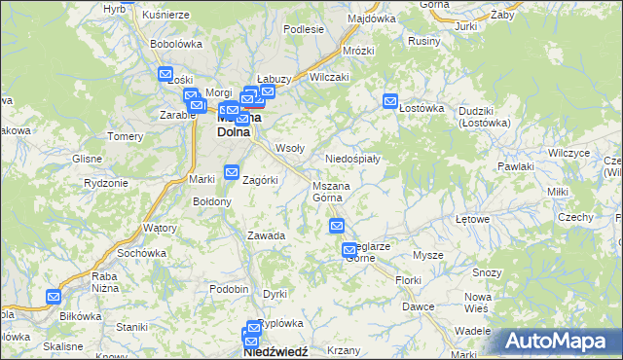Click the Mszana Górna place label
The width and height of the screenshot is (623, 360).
pos(331,192)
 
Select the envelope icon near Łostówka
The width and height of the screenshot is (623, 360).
pos(391,100)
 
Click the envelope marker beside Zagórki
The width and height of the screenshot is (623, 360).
pos(232,172)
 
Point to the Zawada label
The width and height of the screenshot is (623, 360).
pos(266,235)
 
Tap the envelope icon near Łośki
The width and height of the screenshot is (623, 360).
pos(165,74)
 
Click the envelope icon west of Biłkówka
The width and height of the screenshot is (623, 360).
pos(54,298)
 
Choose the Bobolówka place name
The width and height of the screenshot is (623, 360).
pos(175,44)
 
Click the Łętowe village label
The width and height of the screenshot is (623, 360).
pos(472,219)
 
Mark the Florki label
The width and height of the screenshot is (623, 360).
pos(408,280)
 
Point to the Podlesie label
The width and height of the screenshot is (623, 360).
pos(303,30)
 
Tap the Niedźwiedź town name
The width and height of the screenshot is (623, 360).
pos(275,352)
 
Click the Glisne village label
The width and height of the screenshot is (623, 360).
pos(88,158)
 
